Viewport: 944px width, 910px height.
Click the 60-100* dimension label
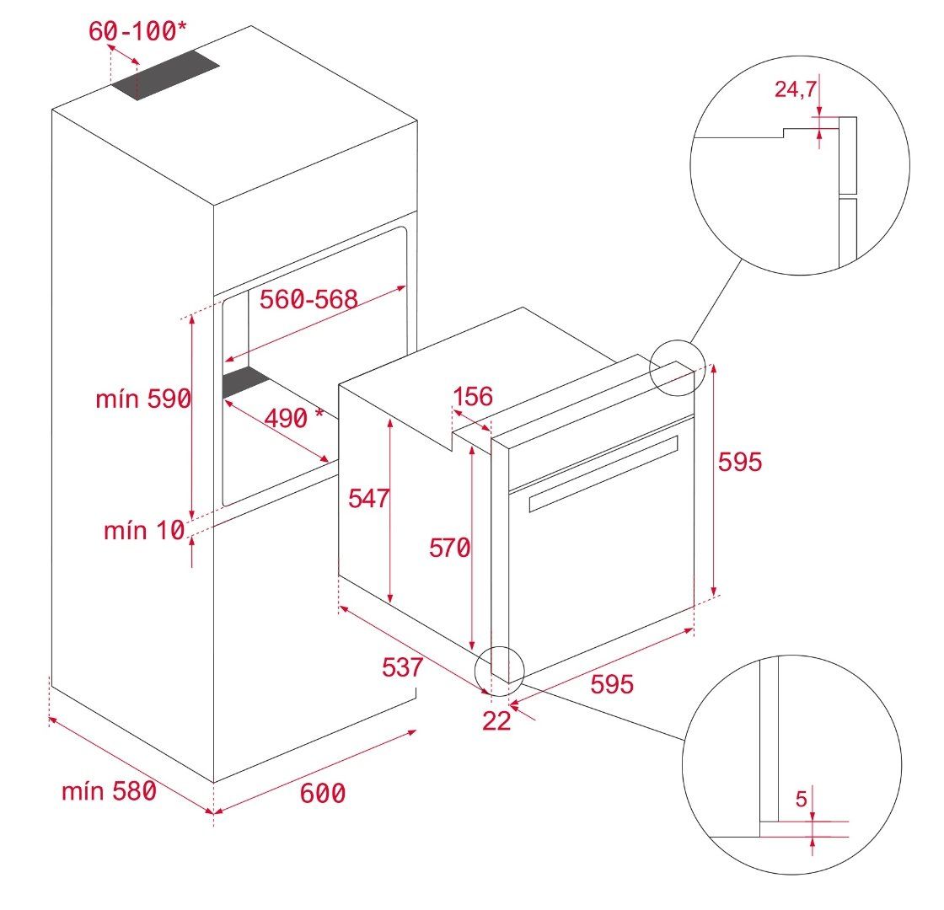tap(138, 30)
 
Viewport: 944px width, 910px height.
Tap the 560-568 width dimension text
tap(308, 299)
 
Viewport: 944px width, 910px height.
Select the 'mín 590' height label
tap(143, 399)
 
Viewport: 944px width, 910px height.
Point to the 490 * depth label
tap(294, 417)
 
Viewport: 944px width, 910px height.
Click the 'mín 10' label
tap(144, 530)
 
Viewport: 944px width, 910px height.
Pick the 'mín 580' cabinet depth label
tap(109, 791)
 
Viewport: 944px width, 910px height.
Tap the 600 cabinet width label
tap(323, 793)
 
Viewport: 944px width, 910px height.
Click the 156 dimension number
tap(473, 397)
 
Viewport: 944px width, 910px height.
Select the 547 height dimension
tap(368, 498)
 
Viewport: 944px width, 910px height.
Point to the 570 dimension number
tap(450, 548)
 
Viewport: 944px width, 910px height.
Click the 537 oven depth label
tap(402, 666)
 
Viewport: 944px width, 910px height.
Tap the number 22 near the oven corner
tap(496, 720)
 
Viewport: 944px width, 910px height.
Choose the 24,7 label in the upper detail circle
tap(796, 89)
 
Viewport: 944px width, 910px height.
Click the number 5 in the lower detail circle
tap(801, 799)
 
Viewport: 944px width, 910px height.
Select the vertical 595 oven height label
tap(740, 462)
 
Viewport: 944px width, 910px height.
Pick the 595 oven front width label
tap(612, 683)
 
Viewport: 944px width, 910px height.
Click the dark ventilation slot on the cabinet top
tap(165, 75)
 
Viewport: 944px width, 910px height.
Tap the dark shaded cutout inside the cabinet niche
tap(245, 382)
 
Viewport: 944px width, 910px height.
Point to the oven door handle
tap(603, 474)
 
